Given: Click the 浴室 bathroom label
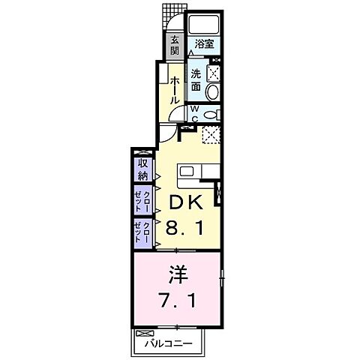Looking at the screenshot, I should tap(203, 44).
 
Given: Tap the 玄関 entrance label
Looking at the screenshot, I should tap(174, 46).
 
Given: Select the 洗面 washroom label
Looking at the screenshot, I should tap(196, 80).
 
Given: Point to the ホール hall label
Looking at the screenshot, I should tap(175, 89).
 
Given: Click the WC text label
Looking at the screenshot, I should tap(194, 113).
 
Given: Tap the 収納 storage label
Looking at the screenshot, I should tap(142, 170).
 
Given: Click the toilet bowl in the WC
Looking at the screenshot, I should tap(211, 114).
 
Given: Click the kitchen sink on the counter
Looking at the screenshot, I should tap(187, 171).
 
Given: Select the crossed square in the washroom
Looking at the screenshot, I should tap(212, 73).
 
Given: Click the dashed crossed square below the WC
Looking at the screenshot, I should tap(212, 136).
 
